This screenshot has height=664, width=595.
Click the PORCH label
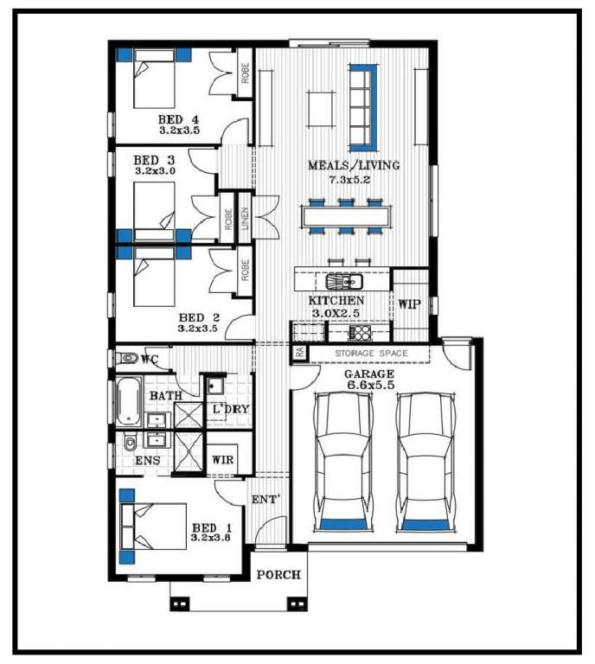(x=278, y=575)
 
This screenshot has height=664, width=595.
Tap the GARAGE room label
(x=369, y=373)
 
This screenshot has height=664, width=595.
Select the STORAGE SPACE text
(x=371, y=353)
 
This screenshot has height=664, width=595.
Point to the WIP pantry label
(x=410, y=304)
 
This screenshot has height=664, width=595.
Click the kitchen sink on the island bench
(x=344, y=281)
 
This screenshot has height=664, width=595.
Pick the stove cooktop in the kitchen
(x=360, y=332)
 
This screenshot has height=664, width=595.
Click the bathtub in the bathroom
(x=128, y=400)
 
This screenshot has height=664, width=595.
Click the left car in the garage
(x=342, y=462)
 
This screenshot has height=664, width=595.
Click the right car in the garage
(x=425, y=462)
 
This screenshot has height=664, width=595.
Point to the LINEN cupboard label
(x=245, y=219)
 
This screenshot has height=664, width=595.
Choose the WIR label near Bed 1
(x=222, y=459)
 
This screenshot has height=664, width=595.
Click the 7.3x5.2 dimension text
(x=349, y=180)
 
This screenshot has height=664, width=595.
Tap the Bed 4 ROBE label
(x=246, y=73)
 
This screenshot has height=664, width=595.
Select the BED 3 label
(x=154, y=160)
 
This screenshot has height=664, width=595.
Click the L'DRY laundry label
(x=231, y=409)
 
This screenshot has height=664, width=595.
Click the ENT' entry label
(x=265, y=500)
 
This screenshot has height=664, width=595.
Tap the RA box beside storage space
(x=300, y=353)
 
